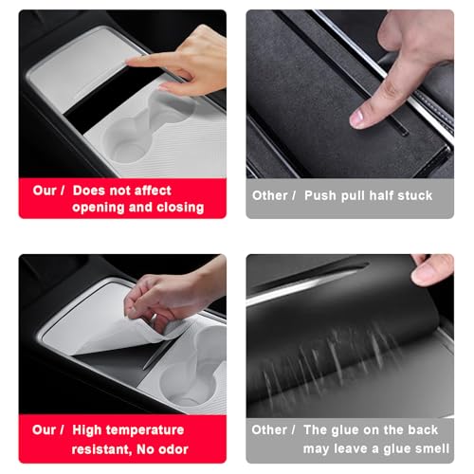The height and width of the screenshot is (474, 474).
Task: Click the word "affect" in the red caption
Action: [x=153, y=191]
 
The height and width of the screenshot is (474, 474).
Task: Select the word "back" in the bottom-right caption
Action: [x=423, y=429]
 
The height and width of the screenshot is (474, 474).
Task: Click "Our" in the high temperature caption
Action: [x=44, y=430]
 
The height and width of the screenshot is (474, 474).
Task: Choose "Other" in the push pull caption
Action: [x=269, y=195]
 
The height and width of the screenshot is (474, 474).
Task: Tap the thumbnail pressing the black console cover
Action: [x=357, y=118]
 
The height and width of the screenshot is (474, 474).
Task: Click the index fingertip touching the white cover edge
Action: [x=131, y=61]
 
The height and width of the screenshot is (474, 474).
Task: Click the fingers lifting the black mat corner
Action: [x=432, y=269]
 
